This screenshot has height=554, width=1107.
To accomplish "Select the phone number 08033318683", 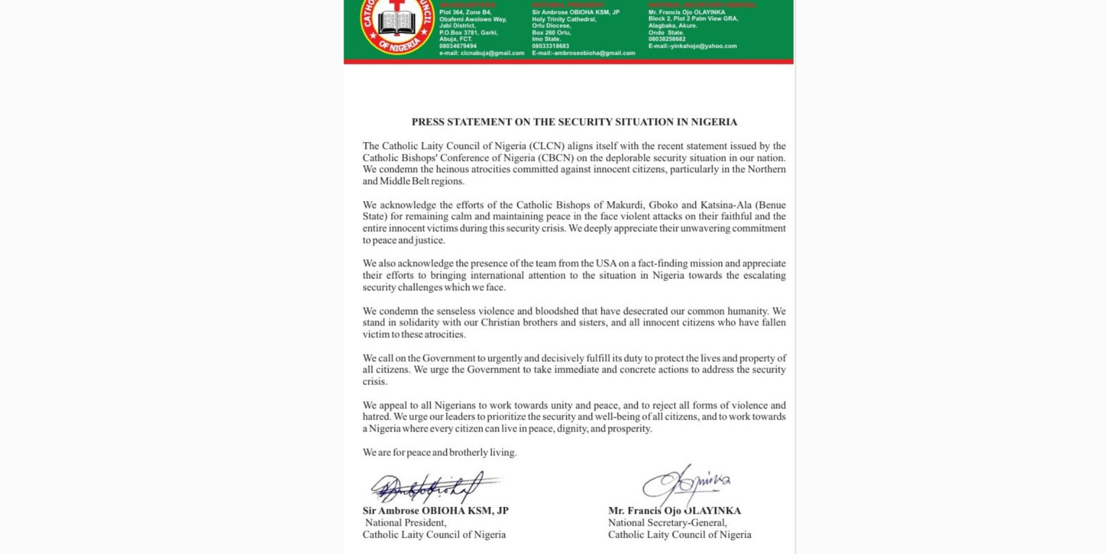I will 550,46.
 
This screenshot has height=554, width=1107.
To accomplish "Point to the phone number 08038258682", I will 667,39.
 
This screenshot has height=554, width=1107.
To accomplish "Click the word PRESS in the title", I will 428,122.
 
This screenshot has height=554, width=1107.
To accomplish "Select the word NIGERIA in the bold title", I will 714,122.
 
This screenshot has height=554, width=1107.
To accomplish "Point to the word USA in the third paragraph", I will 605,264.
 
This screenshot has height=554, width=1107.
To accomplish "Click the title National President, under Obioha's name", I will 406,522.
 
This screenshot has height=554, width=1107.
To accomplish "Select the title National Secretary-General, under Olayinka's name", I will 667,522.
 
